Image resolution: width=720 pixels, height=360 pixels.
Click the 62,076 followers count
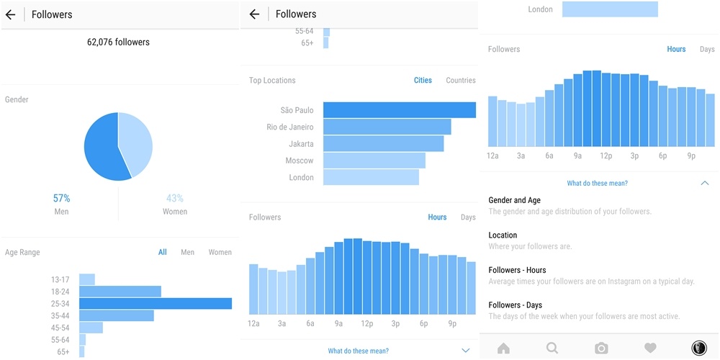click(x=118, y=42)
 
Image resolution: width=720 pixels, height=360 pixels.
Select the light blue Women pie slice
click(x=137, y=140)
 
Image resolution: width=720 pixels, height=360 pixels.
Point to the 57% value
click(x=61, y=198)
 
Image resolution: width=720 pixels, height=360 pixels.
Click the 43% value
click(x=175, y=198)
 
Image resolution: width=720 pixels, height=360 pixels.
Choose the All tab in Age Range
click(x=163, y=252)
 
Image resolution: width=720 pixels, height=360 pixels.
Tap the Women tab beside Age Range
click(x=220, y=252)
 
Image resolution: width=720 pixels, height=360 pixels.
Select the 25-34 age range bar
click(x=155, y=304)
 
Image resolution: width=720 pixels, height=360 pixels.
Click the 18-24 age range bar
click(x=120, y=292)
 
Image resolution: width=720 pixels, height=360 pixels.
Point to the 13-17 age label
click(x=60, y=279)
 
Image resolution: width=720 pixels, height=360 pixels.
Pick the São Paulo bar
click(x=399, y=110)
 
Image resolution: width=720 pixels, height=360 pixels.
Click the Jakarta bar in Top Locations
click(x=383, y=144)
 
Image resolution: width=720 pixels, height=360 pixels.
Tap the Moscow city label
click(x=300, y=161)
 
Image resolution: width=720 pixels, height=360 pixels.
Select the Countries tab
click(x=461, y=80)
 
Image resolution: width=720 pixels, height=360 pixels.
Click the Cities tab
click(x=423, y=80)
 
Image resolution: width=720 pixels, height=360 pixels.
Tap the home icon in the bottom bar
click(x=503, y=348)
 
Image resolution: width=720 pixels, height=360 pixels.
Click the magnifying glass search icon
click(x=552, y=348)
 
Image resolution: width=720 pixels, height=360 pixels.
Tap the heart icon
click(x=650, y=348)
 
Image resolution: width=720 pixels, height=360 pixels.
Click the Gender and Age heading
click(x=514, y=200)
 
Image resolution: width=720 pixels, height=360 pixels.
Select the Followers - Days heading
click(x=515, y=305)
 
